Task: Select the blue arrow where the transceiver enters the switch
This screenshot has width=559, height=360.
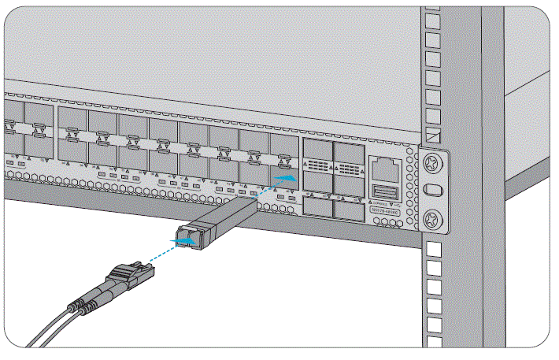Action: point(287,180)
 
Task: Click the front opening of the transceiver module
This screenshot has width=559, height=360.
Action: point(187,235)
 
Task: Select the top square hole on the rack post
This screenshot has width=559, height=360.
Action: point(432,17)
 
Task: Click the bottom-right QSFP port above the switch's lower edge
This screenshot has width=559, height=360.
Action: point(347,206)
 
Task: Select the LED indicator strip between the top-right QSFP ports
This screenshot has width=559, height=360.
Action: point(348,167)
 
